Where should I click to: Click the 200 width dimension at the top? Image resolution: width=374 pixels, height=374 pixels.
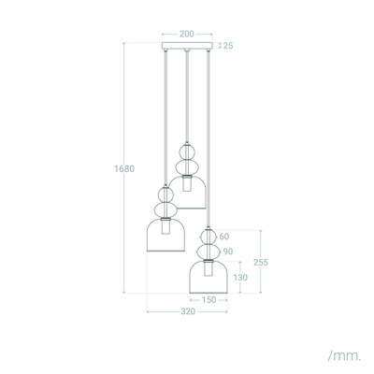pyautogui.click(x=187, y=33)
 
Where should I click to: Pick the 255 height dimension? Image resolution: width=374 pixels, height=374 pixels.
pyautogui.click(x=262, y=263)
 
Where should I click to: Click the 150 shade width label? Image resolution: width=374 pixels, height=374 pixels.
pyautogui.click(x=209, y=301)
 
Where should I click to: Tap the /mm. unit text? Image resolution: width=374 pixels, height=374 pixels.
pyautogui.click(x=343, y=356)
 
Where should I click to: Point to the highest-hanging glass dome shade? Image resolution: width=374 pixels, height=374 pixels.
pyautogui.click(x=188, y=191)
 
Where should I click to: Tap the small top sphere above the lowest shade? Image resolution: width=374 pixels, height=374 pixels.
pyautogui.click(x=209, y=237)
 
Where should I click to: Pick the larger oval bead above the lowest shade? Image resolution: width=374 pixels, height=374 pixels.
pyautogui.click(x=209, y=251)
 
